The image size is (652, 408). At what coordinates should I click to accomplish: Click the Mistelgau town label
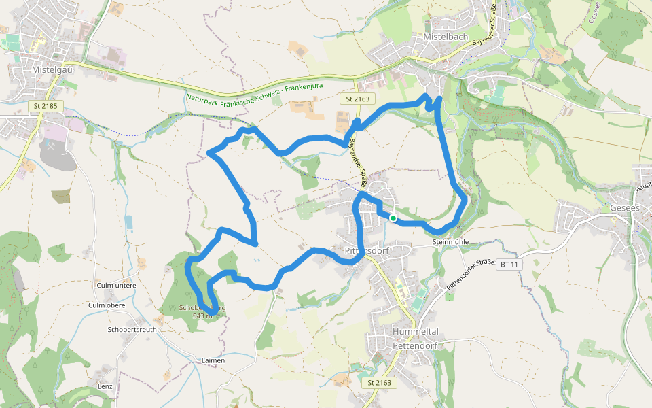pos(48,69)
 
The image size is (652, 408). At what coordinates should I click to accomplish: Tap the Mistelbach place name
pos(444,37)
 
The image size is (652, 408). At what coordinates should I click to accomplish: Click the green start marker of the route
pos(393,218)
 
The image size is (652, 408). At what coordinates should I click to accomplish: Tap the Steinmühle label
pos(450,242)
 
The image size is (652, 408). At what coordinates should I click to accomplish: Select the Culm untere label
pos(116,285)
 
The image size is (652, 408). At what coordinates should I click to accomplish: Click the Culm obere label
pos(107,305)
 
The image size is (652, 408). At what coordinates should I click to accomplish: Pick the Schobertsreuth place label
pos(132,329)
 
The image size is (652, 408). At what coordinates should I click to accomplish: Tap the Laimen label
pos(213,360)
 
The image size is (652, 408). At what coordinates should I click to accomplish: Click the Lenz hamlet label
pos(105,386)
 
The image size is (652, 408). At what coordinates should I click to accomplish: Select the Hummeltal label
pos(416,331)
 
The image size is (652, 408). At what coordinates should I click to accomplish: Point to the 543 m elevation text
pos(203,316)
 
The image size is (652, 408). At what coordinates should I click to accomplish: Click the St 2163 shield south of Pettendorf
pos(380,383)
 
